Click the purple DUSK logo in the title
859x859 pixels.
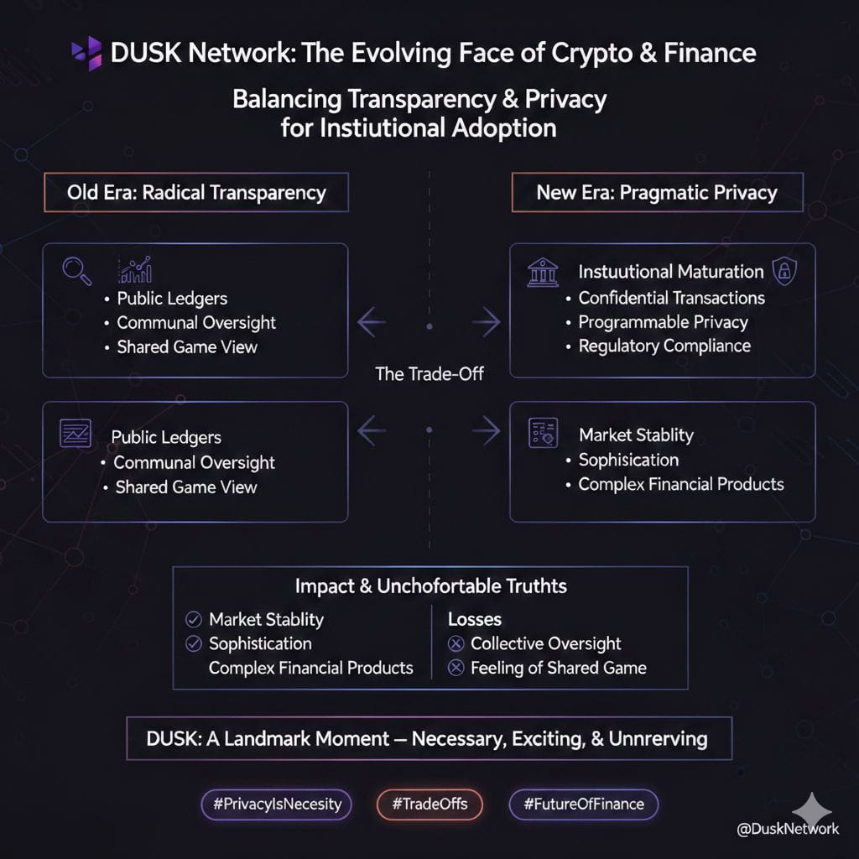click(87, 53)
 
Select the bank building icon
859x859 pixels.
click(542, 272)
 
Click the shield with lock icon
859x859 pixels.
click(784, 271)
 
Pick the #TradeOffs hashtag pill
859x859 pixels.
click(429, 804)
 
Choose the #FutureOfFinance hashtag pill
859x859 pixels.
click(583, 804)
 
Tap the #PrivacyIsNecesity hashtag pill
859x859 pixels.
click(277, 804)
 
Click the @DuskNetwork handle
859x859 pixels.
click(787, 829)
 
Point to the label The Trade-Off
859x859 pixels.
click(429, 374)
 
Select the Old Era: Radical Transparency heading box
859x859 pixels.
click(195, 192)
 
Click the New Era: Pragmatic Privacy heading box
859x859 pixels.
click(656, 192)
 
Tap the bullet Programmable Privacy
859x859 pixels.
click(663, 322)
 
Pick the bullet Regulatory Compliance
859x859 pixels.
click(664, 346)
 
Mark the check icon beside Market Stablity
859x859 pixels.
click(194, 620)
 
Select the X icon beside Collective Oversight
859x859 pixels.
click(456, 644)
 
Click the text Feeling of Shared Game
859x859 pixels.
click(558, 669)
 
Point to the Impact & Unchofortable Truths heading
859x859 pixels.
click(430, 586)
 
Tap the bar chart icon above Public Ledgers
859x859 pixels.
click(135, 269)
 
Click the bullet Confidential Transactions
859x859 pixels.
click(671, 298)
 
